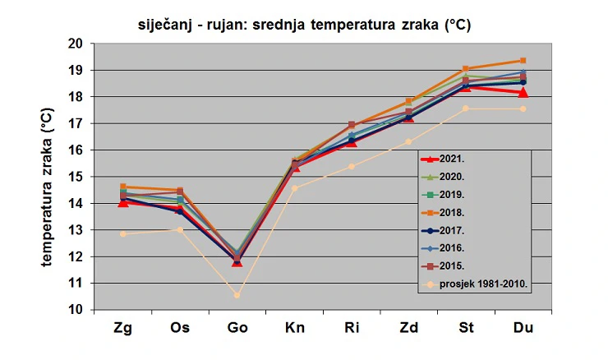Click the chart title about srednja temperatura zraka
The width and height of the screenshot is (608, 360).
(304, 25)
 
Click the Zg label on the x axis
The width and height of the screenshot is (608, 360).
(123, 328)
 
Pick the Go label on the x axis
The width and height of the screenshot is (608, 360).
(237, 328)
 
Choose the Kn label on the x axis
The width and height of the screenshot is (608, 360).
(294, 328)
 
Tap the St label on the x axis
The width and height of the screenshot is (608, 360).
(466, 328)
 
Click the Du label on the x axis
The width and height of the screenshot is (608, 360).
(523, 328)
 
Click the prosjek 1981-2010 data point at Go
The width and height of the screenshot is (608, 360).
(237, 295)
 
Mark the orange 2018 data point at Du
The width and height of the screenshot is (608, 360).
(523, 61)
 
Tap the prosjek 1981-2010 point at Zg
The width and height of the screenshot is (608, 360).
(123, 233)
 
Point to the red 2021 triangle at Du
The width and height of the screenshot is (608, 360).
(523, 92)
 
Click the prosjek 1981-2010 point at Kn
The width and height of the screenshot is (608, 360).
(294, 188)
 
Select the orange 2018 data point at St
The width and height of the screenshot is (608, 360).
(466, 69)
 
